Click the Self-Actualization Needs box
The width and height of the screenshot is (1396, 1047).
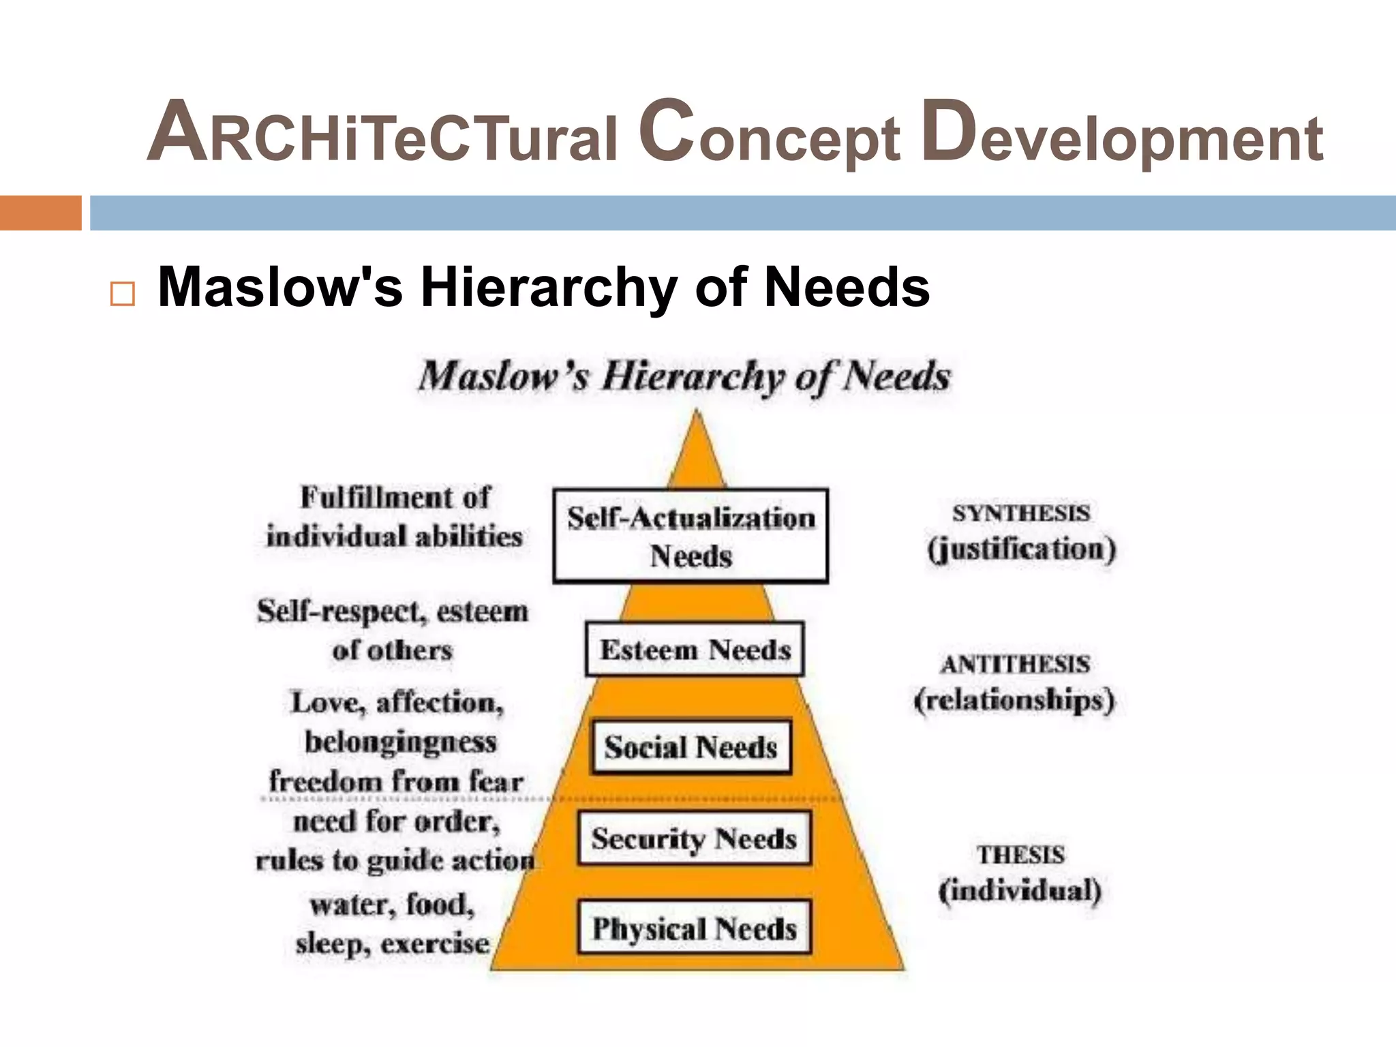coord(691,536)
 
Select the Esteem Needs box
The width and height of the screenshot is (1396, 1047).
coord(695,649)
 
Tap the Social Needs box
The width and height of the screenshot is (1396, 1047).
coord(691,747)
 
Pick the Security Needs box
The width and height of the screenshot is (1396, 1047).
coord(694,838)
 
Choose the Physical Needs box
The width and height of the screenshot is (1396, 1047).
coord(694,928)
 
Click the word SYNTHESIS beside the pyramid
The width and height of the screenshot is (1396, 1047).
coord(1020,513)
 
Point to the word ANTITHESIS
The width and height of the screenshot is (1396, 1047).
coord(1015,665)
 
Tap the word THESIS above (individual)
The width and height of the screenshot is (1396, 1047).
coord(1020,855)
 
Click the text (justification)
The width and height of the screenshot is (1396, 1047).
coord(1021,549)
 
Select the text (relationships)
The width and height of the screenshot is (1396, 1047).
coord(1014,701)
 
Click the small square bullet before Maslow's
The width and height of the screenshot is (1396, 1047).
coord(123,294)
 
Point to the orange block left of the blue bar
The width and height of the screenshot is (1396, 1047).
coord(40,213)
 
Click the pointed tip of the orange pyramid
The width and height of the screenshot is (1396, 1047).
coord(696,413)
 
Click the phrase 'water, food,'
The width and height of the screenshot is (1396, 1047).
coord(392,905)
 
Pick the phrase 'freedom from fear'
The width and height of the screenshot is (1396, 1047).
coord(396,781)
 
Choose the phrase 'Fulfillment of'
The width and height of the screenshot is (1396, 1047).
coord(395,498)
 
